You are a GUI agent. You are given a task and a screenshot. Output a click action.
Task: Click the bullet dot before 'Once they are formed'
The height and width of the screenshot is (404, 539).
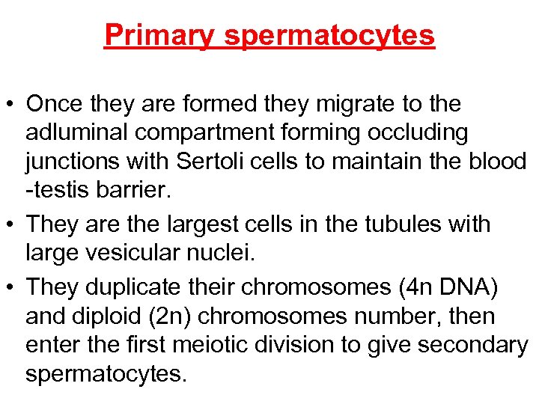pyautogui.click(x=11, y=105)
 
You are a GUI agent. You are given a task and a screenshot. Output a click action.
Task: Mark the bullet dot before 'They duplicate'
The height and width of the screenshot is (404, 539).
pyautogui.click(x=11, y=287)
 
